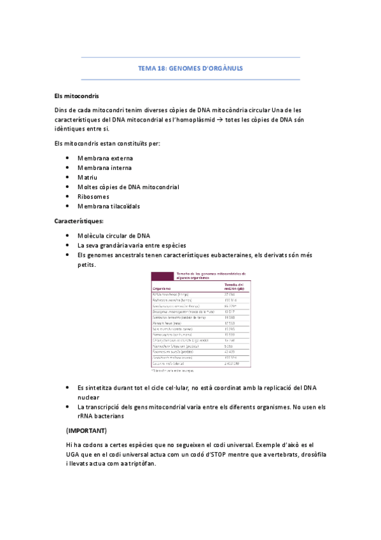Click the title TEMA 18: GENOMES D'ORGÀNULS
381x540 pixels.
[190, 68]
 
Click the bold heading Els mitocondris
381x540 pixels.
[77, 96]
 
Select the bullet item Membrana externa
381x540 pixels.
[105, 158]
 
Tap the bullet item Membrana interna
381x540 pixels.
[104, 167]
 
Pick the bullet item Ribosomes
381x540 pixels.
[95, 197]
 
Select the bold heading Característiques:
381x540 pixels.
[80, 221]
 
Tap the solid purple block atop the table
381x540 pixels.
[162, 275]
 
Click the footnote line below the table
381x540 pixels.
[173, 369]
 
